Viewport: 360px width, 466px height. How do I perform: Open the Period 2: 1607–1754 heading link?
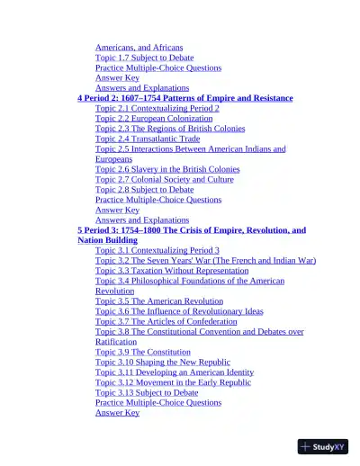point(184,98)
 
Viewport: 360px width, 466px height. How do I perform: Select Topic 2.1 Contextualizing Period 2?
point(157,108)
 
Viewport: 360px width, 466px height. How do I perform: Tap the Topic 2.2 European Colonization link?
point(154,119)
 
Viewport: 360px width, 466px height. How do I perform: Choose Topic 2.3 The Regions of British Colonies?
point(170,129)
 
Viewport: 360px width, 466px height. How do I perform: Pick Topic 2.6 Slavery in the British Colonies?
point(167,169)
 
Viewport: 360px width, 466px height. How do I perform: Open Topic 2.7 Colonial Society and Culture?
point(164,179)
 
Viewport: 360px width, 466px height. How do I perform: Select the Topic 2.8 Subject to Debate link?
point(144,190)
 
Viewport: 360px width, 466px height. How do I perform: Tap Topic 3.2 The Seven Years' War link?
point(205,261)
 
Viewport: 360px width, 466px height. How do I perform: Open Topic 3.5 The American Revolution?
point(159,301)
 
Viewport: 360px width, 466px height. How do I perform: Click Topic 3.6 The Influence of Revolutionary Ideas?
point(179,311)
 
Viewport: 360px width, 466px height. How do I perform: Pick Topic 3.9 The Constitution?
point(143,352)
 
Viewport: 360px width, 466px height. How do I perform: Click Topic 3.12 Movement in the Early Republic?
point(173,382)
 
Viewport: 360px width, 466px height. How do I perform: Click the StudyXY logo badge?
point(322,446)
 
